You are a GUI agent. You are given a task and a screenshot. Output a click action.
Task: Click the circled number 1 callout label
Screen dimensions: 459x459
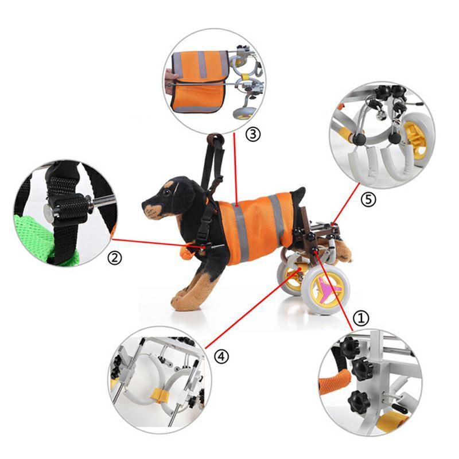(361, 318)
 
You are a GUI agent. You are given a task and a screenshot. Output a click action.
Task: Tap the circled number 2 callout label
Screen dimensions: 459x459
(114, 258)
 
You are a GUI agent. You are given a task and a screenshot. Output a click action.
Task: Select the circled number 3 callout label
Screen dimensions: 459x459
(252, 134)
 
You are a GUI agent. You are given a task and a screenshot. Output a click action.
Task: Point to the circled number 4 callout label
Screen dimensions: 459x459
(221, 356)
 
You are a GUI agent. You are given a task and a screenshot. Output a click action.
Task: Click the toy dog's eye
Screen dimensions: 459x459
(167, 192)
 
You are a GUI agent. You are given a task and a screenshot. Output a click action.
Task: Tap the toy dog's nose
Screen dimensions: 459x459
(145, 204)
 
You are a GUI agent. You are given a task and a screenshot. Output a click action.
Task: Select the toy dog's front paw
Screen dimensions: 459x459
(183, 301)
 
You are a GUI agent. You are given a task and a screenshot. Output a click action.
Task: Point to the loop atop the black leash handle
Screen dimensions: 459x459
(215, 139)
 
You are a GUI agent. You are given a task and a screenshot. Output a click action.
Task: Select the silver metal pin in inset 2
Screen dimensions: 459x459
(101, 200)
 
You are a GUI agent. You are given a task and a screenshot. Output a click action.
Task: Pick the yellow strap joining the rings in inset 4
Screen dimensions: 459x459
(160, 394)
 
